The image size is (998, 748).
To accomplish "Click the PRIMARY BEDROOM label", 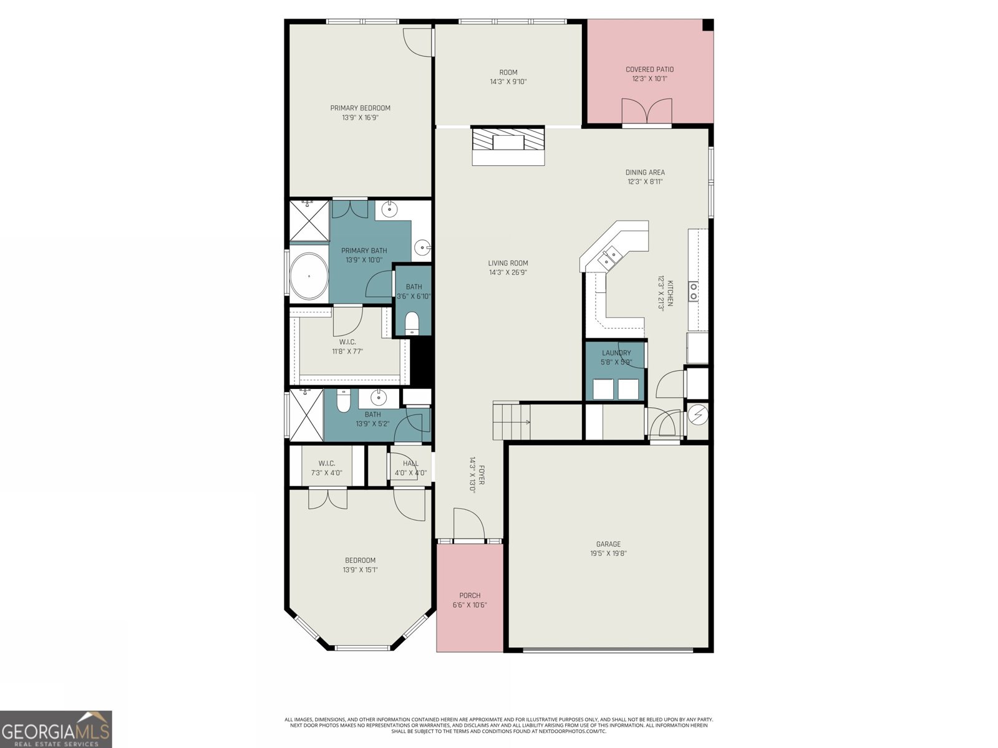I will [360, 108].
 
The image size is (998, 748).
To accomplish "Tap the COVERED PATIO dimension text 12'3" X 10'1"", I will [649, 79].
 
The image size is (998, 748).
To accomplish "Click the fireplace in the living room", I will [508, 146].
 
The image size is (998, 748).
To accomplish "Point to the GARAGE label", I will [608, 544].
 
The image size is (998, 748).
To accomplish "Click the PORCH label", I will [470, 595].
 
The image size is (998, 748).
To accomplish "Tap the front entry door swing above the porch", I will [468, 524].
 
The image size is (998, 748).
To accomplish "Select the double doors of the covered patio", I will [647, 112].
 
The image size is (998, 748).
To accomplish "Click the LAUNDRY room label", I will [616, 353].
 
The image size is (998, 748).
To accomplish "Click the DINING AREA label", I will [645, 172].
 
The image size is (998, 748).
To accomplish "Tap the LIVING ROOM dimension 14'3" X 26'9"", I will [508, 272].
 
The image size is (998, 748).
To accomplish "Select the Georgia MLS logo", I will [56, 728].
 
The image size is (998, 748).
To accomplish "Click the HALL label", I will [410, 463].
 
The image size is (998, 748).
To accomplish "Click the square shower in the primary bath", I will [309, 220].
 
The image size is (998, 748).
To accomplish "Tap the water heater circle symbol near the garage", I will [697, 415].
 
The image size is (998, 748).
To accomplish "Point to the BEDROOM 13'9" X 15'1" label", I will [360, 560].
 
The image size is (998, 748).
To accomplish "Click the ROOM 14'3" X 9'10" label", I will [508, 72].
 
